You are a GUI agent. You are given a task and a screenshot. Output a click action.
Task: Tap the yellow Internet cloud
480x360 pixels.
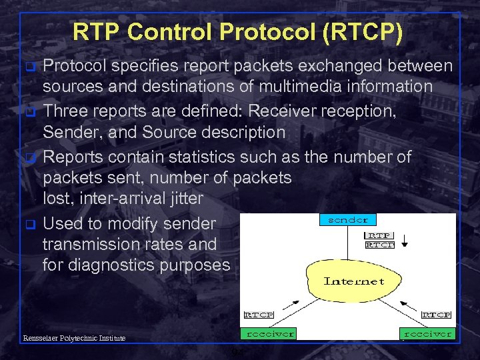[x=354, y=281]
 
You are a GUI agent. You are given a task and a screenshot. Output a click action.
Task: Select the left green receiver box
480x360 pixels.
[x=269, y=333]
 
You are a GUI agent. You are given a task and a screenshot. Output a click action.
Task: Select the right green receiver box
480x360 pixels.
[x=426, y=333]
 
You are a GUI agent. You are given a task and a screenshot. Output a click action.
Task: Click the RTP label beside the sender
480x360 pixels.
[x=380, y=235]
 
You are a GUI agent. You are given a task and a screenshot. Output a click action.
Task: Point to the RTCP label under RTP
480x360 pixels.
[x=380, y=245]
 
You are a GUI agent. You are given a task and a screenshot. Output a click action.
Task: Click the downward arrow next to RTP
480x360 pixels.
[x=404, y=240]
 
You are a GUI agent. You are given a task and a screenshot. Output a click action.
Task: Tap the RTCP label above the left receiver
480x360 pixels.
[x=258, y=314]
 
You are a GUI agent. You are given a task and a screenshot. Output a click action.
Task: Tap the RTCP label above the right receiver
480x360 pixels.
[x=437, y=314]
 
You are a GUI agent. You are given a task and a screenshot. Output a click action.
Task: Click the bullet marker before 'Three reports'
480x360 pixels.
[x=29, y=112]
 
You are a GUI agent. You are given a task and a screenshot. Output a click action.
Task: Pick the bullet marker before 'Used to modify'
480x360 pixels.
[x=29, y=224]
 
